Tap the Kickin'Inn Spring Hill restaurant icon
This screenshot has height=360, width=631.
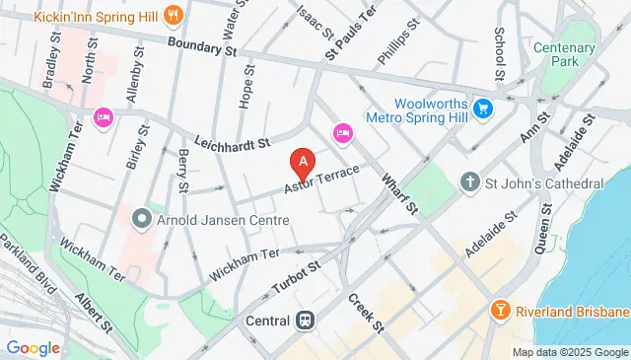pos(173,15)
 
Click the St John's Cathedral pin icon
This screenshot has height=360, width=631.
pos(470,183)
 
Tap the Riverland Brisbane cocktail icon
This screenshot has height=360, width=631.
pos(502,311)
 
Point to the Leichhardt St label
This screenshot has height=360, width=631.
pos(232,144)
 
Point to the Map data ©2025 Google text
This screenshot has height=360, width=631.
pos(569,352)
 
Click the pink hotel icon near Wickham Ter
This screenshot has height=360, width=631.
pos(102,118)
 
